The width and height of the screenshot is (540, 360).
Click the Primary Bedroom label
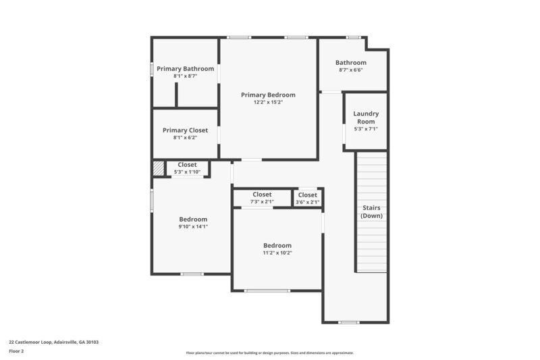[268, 95]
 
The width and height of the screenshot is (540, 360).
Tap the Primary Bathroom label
[185, 69]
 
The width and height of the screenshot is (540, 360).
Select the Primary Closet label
[185, 130]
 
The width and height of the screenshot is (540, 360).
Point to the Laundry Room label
[366, 118]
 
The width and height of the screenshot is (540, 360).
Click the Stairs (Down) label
[371, 211]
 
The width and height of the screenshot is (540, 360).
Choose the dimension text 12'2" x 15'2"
[268, 103]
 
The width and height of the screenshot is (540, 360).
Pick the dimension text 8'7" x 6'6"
[351, 70]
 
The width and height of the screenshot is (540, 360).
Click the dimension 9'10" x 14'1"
[193, 227]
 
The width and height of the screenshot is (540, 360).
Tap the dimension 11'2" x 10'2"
[277, 253]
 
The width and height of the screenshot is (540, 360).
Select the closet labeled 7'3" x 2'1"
[262, 198]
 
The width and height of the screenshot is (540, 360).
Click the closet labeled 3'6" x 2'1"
[307, 198]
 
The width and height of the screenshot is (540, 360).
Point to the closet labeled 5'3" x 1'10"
[187, 168]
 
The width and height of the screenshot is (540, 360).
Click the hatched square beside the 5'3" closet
[158, 168]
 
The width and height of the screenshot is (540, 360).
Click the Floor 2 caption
[17, 351]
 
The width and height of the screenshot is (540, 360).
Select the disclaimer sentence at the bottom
[269, 353]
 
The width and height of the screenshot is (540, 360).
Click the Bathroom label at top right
[351, 63]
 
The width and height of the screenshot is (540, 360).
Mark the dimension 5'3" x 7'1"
[366, 128]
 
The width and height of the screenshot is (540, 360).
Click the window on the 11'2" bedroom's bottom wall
[268, 290]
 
